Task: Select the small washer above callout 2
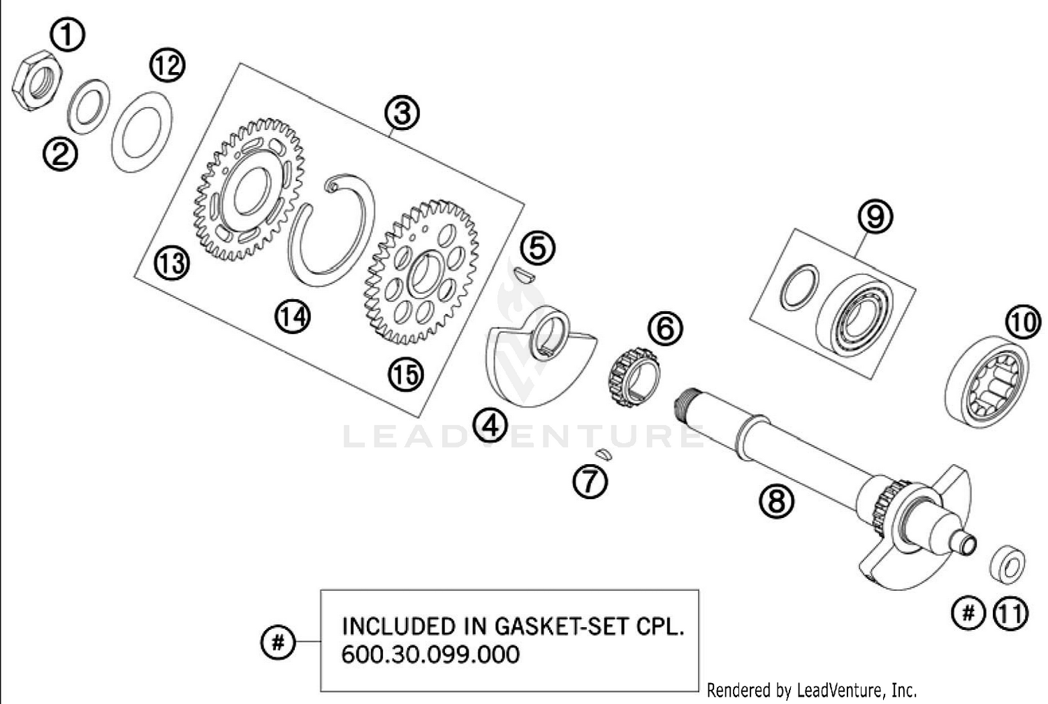[x=88, y=107]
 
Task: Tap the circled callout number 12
[x=166, y=66]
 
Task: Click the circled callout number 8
[x=777, y=501]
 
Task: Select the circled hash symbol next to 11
[x=968, y=613]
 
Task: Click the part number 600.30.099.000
[x=430, y=654]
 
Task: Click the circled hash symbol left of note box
[x=277, y=641]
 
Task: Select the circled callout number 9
[x=875, y=217]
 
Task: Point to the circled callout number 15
[x=406, y=375]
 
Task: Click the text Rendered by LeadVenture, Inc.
[x=811, y=691]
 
